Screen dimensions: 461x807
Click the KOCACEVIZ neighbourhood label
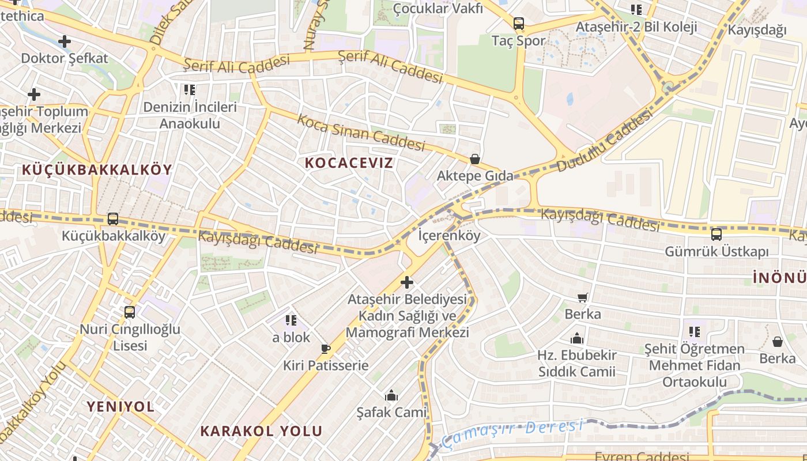[349, 163]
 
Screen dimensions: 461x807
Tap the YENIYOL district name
[120, 406]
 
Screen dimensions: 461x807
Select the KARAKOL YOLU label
[261, 431]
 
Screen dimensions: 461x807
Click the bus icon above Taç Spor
[519, 24]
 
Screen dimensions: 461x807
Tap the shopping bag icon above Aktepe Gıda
[475, 159]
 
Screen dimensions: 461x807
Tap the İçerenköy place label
[449, 235]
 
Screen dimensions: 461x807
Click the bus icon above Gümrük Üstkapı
[717, 235]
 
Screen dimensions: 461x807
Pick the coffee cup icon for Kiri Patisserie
[326, 349]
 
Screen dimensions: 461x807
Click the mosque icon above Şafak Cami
[392, 395]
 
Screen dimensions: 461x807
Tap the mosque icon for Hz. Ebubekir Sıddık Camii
[577, 338]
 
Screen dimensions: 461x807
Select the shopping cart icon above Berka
[583, 298]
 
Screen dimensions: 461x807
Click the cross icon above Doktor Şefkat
[65, 41]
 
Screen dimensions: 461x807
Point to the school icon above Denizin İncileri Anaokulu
[190, 90]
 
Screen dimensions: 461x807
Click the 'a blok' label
[291, 337]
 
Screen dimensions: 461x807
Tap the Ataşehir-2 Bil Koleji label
[636, 27]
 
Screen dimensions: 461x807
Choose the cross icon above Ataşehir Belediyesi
[407, 282]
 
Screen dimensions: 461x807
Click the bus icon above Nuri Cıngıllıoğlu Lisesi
[130, 312]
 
